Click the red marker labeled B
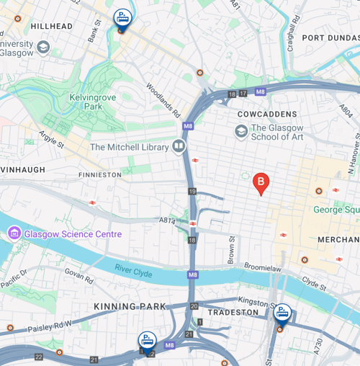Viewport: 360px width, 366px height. (x=262, y=183)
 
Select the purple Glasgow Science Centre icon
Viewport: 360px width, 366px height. (x=14, y=233)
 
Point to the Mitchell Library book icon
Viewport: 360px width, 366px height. (x=179, y=147)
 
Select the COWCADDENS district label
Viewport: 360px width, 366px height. (x=268, y=115)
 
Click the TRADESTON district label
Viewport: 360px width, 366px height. (x=233, y=313)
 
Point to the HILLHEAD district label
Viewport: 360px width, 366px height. (x=52, y=26)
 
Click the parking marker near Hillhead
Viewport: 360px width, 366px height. (x=123, y=19)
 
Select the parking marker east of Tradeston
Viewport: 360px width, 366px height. (x=282, y=313)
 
